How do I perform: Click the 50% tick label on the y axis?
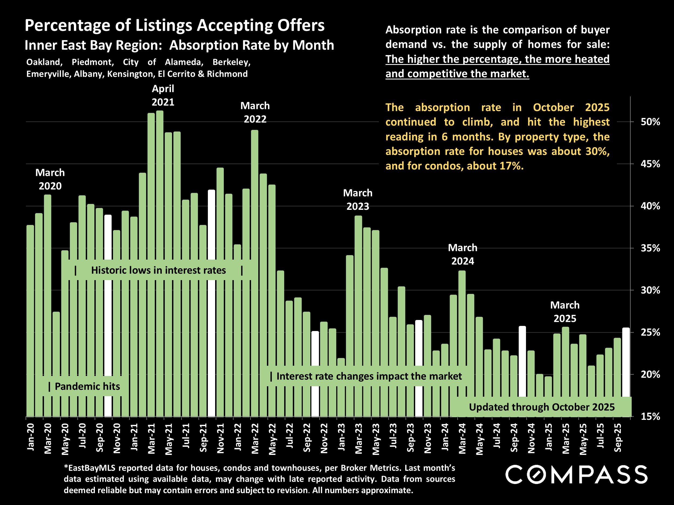[x=650, y=122]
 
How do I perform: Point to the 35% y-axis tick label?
[x=650, y=248]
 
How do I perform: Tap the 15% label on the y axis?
[x=650, y=417]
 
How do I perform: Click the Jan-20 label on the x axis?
[x=30, y=437]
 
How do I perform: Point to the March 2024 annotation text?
[x=463, y=255]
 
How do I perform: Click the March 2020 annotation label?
[x=50, y=179]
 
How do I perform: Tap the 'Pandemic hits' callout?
[x=84, y=386]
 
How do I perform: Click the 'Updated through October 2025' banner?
[x=542, y=407]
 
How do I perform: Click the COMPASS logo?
[x=576, y=475]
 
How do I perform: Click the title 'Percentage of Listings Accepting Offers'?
[x=175, y=25]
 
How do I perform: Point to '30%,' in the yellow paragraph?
[x=597, y=151]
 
